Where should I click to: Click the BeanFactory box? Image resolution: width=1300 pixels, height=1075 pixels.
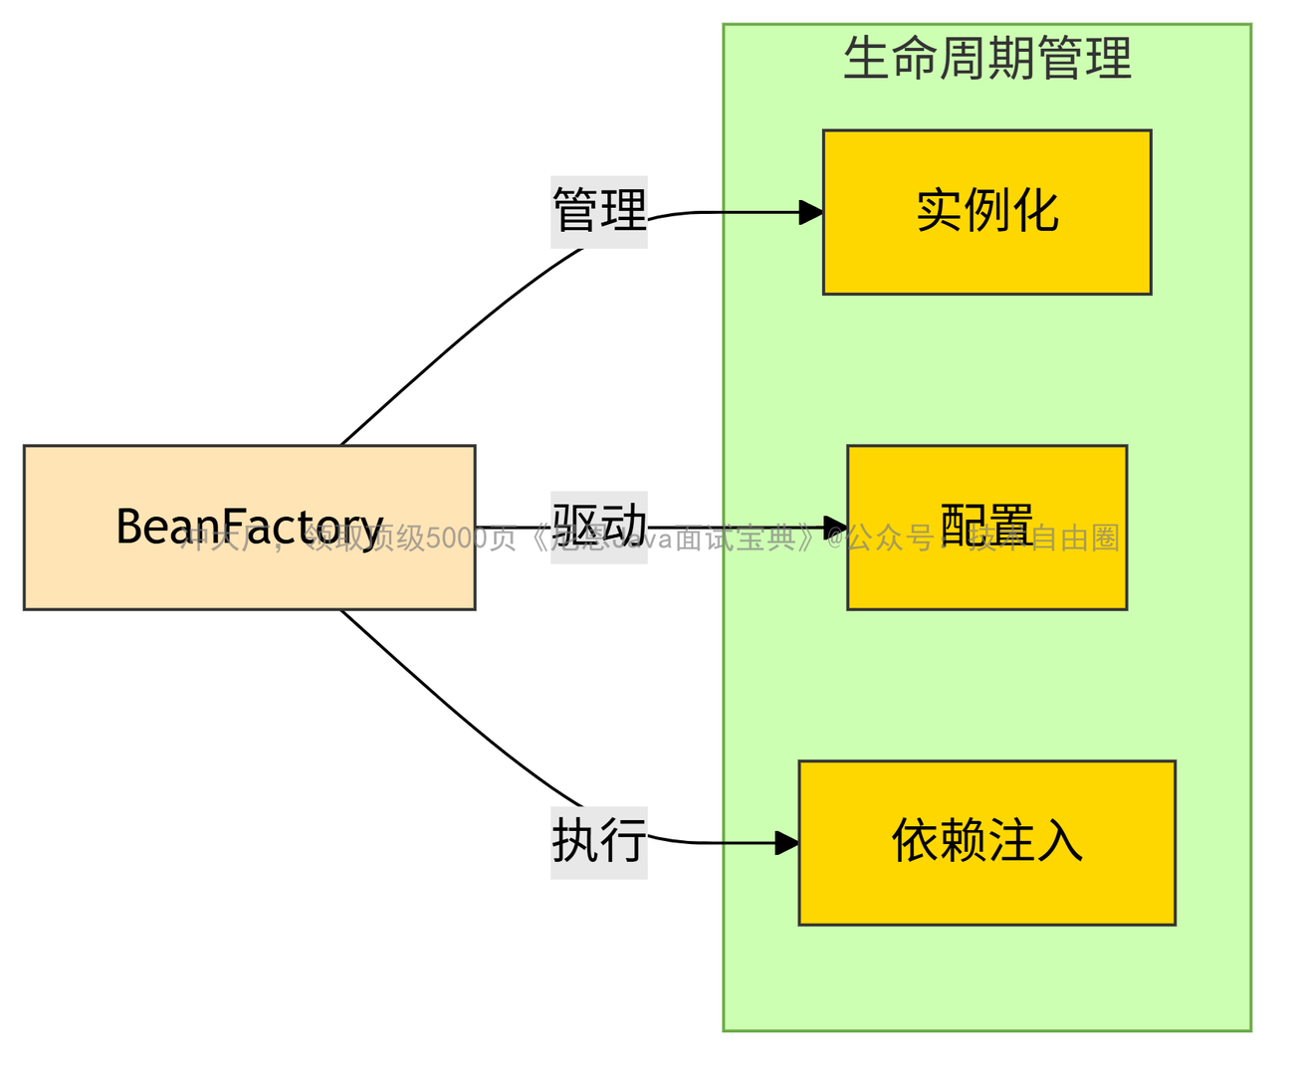point(249,577)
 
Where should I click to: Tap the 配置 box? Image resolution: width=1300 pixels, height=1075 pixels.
point(986,577)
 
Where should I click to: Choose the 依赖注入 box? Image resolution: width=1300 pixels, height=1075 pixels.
point(986,886)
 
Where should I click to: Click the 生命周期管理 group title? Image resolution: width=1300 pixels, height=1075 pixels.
point(986,58)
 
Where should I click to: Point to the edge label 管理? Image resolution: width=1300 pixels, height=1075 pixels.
point(599,211)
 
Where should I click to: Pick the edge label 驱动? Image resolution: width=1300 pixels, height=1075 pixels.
point(599,524)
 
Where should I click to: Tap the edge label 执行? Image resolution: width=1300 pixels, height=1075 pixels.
point(599,842)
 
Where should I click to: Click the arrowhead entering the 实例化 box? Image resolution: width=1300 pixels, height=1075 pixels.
point(811,212)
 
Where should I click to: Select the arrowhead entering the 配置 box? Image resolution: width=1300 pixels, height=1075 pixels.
point(836,527)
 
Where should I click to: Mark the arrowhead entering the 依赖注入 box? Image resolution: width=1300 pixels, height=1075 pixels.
point(787,843)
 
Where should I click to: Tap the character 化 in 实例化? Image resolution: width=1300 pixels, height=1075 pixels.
point(1035,211)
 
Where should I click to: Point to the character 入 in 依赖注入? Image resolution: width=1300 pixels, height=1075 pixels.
point(1060,841)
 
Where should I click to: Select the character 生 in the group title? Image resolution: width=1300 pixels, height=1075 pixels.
point(866,58)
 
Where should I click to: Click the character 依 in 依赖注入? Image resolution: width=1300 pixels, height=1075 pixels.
point(914,841)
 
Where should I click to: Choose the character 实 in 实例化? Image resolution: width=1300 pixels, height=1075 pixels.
point(939,211)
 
